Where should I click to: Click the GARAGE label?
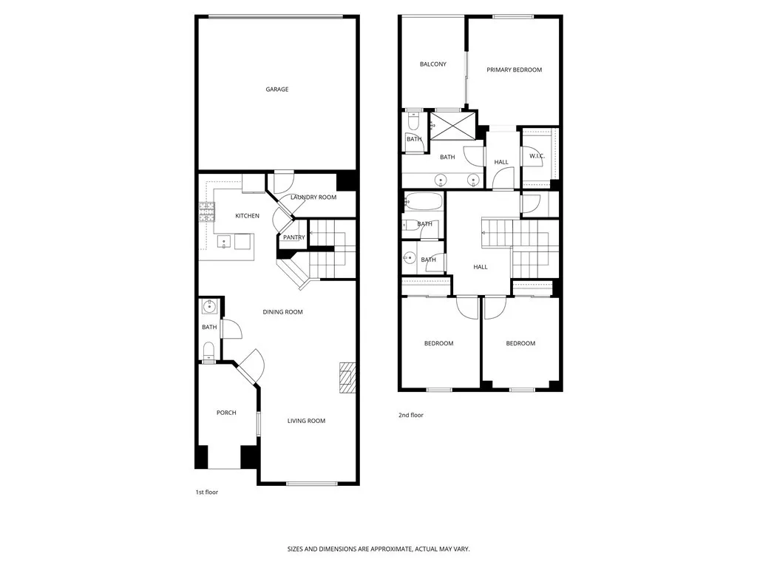tap(277, 89)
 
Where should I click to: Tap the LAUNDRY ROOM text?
tap(313, 197)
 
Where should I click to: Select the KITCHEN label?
tap(247, 216)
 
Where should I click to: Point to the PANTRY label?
tap(293, 237)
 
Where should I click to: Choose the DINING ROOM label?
tap(282, 312)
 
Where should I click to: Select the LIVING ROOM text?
tap(306, 421)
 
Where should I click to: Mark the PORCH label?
tap(226, 413)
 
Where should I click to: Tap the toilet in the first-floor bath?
tap(209, 350)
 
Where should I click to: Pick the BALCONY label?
tap(432, 64)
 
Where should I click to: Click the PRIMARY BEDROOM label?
tap(514, 70)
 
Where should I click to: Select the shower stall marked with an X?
tap(453, 124)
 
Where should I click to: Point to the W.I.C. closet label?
tap(537, 155)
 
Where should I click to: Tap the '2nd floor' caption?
tap(410, 416)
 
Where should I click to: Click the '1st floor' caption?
tap(206, 492)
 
